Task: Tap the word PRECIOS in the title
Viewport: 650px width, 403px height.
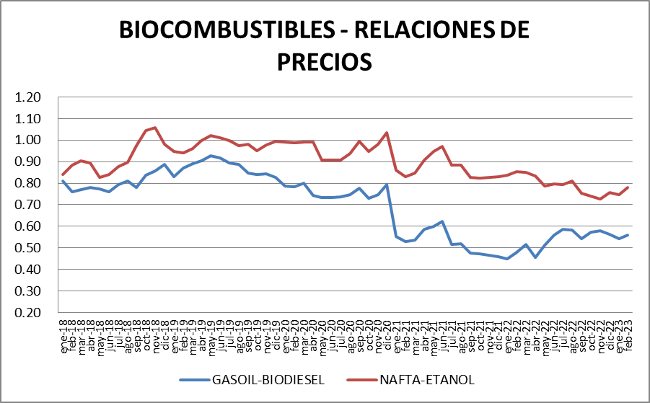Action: tap(325, 61)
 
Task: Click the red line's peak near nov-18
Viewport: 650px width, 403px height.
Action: tap(155, 128)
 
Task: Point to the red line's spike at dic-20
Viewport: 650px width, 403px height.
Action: tap(387, 133)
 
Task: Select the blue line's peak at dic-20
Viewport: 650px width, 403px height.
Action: tap(387, 185)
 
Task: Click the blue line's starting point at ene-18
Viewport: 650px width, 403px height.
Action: tap(63, 181)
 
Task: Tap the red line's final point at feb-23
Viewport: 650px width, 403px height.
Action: tap(628, 187)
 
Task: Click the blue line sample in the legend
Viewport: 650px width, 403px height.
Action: tap(193, 378)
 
